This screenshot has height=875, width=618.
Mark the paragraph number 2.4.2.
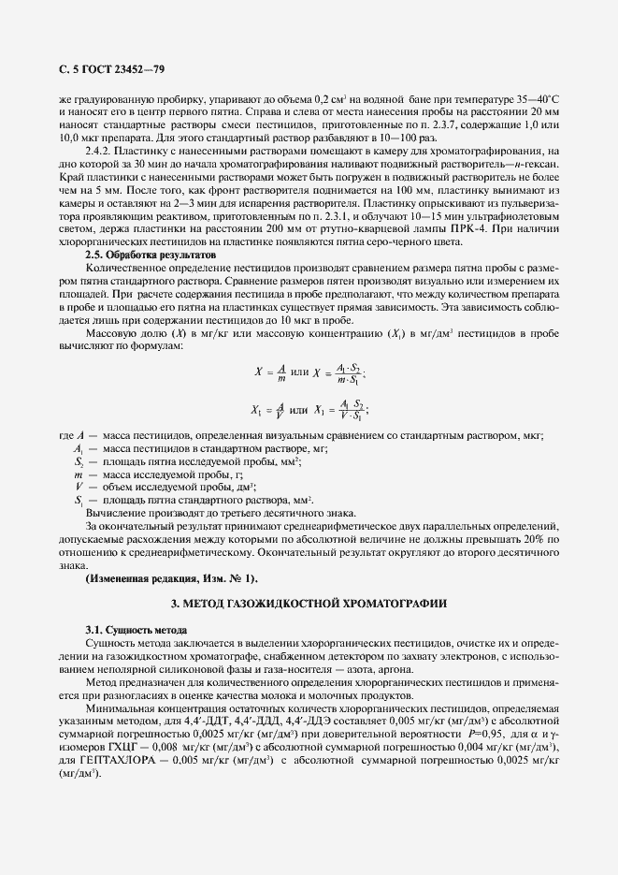pos(101,150)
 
